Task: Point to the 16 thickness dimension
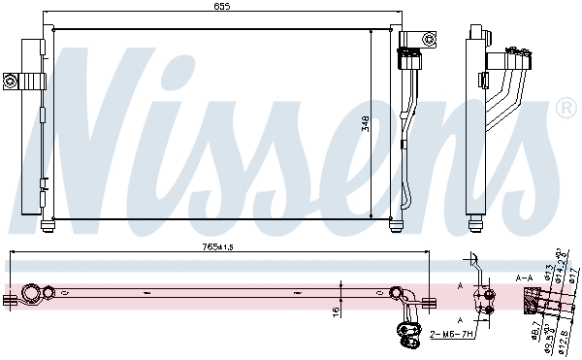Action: pos(335,312)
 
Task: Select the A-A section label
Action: pos(525,278)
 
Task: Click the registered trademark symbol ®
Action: pos(566,110)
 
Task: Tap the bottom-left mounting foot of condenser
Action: pos(47,227)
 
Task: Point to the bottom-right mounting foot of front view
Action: pos(396,227)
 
